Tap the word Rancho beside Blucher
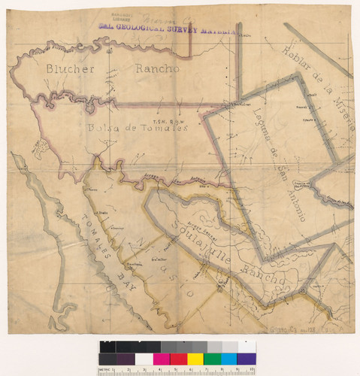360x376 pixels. [158, 70]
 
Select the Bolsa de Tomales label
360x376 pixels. [135, 126]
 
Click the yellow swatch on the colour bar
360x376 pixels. [195, 359]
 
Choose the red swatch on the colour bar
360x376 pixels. [177, 359]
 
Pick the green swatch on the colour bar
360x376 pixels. [212, 359]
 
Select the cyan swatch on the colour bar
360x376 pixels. [229, 359]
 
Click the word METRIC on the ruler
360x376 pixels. [106, 371]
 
